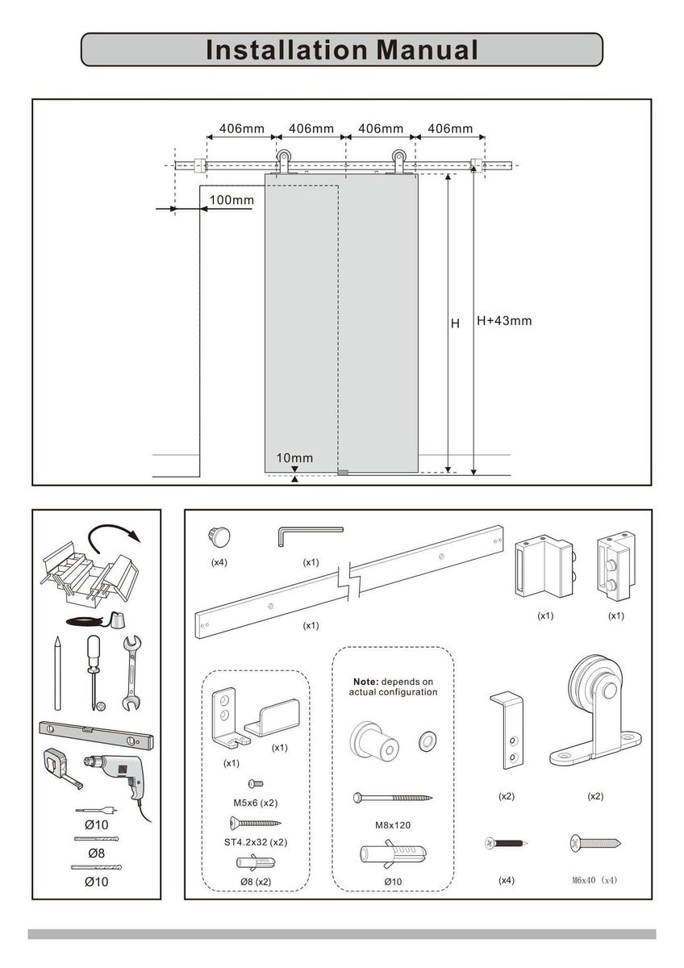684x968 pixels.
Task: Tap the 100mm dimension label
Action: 231,200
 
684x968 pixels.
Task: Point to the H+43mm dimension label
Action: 504,320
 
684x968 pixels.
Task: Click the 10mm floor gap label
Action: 294,458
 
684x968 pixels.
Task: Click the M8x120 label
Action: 393,826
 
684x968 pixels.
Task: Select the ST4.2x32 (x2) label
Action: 255,842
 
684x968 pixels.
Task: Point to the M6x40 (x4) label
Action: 595,880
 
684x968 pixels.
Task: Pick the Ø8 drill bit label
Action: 96,853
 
